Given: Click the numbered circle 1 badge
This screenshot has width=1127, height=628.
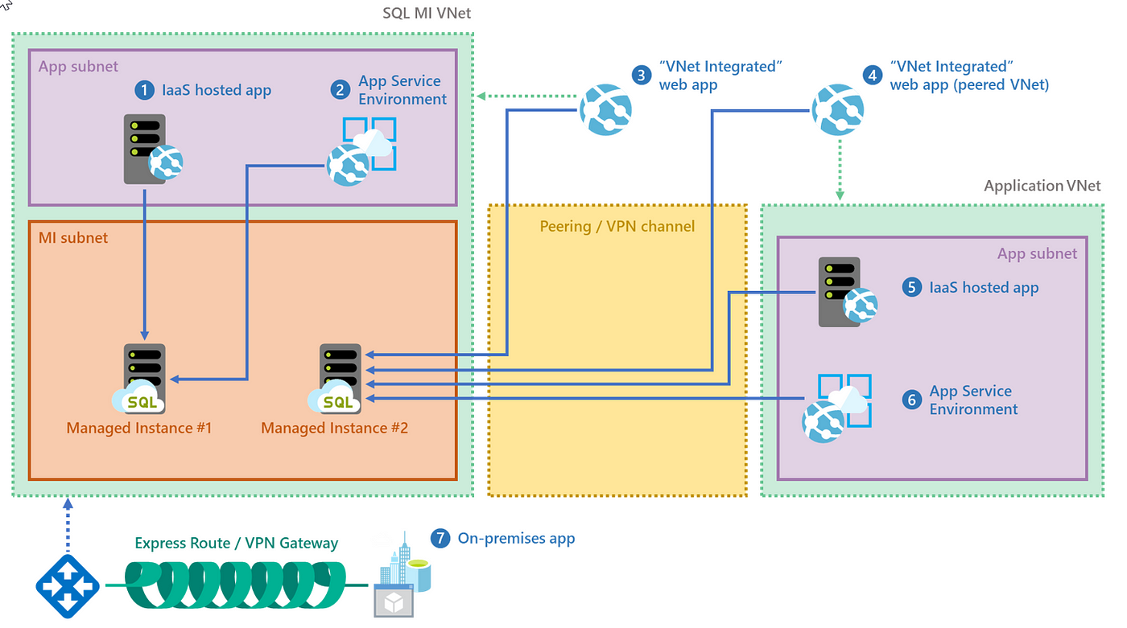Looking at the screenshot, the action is (144, 90).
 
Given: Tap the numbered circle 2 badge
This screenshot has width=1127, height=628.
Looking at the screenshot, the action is (340, 90).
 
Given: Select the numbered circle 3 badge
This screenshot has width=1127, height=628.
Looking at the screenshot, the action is (642, 76).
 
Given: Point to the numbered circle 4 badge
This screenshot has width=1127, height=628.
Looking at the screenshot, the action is (873, 76).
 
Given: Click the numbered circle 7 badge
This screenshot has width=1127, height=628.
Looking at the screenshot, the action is (440, 538).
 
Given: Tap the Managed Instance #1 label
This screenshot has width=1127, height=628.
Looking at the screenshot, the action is (138, 428).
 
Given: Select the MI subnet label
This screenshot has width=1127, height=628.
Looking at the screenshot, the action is (73, 238).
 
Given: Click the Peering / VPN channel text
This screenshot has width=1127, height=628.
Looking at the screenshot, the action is (617, 227).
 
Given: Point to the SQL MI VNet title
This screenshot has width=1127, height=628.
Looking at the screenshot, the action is (427, 13).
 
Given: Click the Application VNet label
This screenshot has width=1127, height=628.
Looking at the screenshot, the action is (1042, 186).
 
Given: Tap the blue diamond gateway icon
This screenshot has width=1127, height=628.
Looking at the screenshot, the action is (68, 586).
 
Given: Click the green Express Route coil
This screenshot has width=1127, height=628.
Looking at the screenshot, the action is (235, 585).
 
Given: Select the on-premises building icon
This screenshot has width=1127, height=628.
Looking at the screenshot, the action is (402, 575).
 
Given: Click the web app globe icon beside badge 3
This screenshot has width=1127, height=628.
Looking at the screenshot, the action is (605, 109).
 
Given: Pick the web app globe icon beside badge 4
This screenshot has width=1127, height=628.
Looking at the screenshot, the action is (838, 109).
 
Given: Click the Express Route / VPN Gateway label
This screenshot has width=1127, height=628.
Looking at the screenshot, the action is (237, 543).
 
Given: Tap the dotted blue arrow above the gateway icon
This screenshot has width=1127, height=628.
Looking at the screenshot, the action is (68, 525).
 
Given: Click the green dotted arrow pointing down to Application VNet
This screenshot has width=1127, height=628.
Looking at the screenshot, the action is (840, 170).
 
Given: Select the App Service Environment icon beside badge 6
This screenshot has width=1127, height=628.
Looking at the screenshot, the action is (836, 408).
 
